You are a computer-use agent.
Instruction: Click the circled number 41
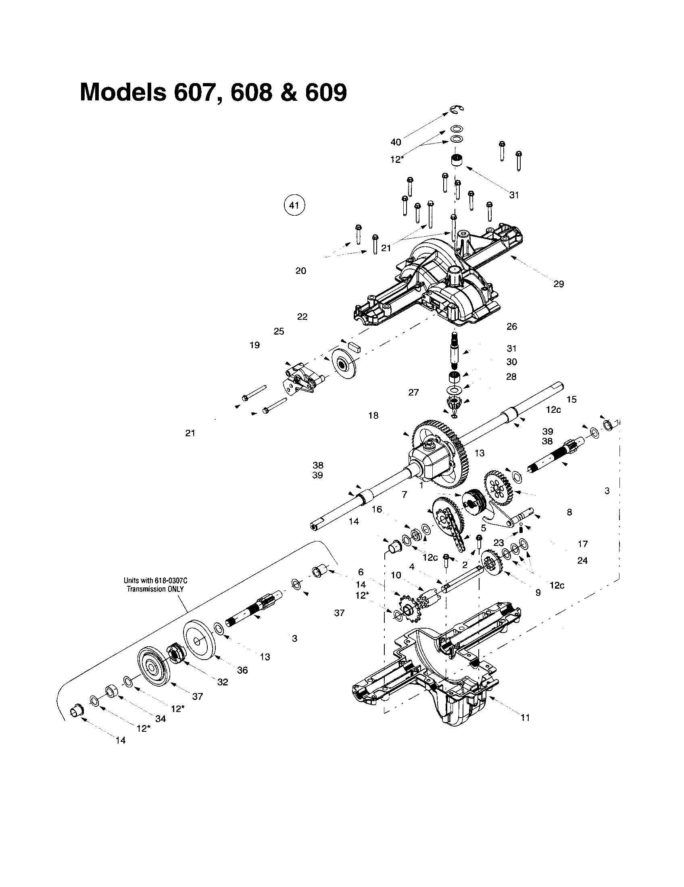[294, 206]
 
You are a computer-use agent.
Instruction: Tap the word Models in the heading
[123, 92]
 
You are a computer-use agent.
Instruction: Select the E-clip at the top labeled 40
[457, 109]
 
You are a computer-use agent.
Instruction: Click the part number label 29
[559, 284]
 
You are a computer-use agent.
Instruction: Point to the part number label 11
[525, 718]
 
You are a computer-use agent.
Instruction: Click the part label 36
[242, 670]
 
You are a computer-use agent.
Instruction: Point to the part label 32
[222, 682]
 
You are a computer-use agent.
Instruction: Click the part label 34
[161, 718]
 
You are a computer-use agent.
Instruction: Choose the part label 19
[254, 345]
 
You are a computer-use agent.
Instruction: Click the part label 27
[413, 392]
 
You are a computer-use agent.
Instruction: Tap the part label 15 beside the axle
[571, 399]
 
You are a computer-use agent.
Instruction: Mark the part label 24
[582, 560]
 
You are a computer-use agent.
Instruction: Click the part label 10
[396, 575]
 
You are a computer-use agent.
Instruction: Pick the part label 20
[300, 271]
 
